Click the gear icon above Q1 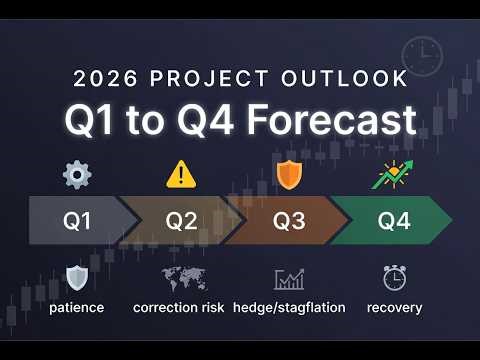click(x=77, y=176)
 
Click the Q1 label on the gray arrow click(x=77, y=221)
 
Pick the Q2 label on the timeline click(x=181, y=221)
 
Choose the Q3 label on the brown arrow click(x=289, y=221)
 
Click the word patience click(x=77, y=307)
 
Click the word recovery click(x=394, y=307)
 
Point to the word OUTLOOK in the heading click(x=346, y=78)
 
